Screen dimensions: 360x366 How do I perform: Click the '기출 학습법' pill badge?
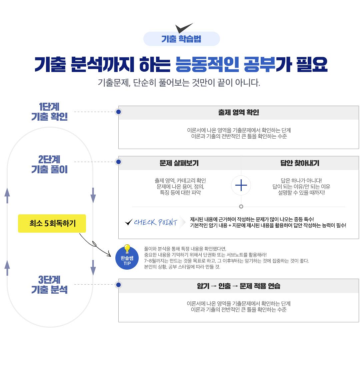coord(181,39)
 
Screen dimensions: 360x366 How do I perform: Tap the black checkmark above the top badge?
coord(184,28)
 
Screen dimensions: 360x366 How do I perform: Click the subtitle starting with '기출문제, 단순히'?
coord(179,83)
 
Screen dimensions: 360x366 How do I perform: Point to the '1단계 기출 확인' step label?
coord(49,112)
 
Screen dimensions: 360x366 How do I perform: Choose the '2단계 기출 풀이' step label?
coord(49,164)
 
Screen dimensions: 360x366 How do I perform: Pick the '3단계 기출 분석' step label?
coord(49,285)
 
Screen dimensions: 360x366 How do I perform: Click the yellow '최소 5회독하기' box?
coord(52,223)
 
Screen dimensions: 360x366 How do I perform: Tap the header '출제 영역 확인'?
coord(239,113)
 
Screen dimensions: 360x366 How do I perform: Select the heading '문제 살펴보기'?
coord(179,163)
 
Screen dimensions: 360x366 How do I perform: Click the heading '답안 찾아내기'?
coord(300,163)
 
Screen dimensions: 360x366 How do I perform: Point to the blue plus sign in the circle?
coord(241,185)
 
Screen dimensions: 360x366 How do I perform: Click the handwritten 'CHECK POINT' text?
coord(155,222)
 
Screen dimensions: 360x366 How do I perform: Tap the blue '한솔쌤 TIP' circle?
coord(127,258)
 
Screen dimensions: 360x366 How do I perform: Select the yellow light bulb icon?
coord(127,249)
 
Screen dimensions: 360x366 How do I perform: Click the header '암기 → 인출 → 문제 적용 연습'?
coord(239,286)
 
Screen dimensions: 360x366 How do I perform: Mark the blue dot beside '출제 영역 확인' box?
coord(118,112)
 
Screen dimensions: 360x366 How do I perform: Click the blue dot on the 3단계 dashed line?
coord(118,285)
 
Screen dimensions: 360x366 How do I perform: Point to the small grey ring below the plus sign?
coord(241,206)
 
